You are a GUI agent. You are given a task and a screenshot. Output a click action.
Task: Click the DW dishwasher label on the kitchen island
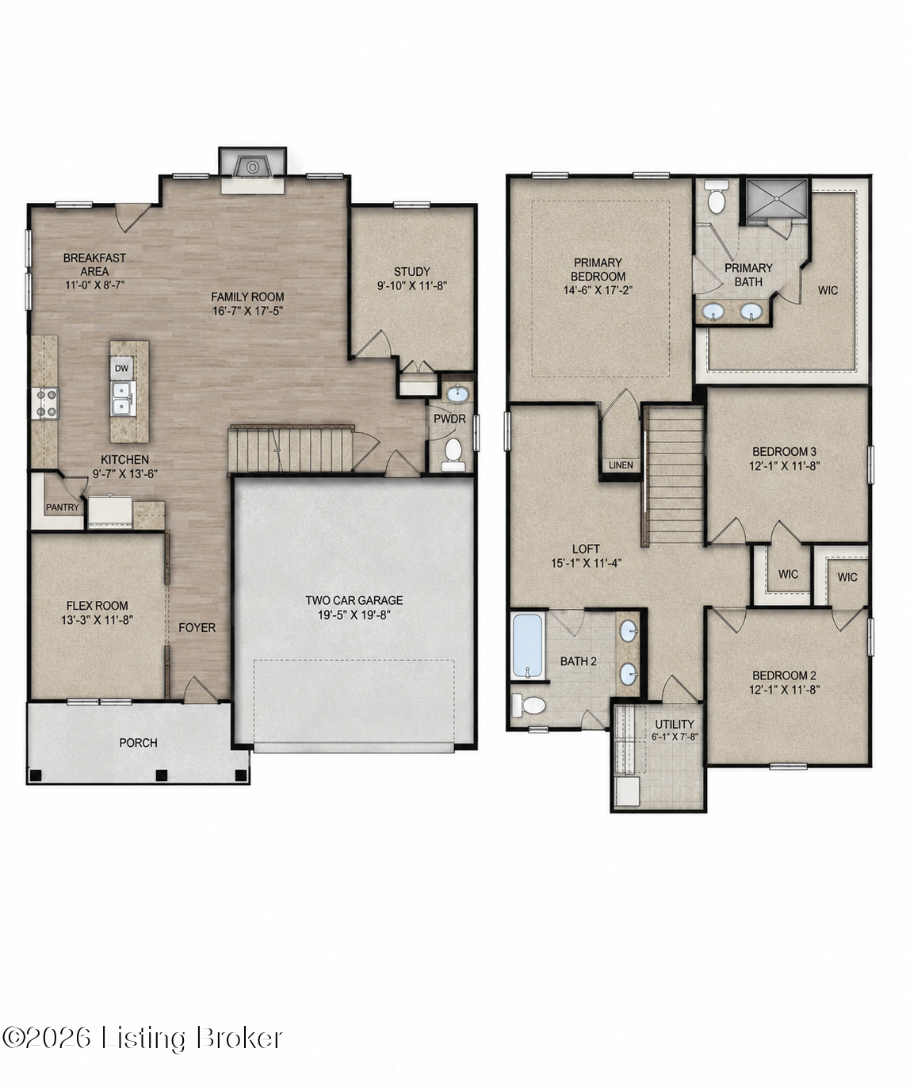tap(121, 369)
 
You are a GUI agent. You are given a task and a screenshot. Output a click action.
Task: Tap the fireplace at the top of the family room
tap(253, 166)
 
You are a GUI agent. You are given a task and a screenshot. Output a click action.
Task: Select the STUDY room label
tap(411, 271)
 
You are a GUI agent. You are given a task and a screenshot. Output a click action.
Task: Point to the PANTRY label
tap(63, 507)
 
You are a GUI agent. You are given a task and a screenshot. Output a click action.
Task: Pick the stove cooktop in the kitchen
tap(45, 404)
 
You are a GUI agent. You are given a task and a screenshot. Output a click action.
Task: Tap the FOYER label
tap(197, 628)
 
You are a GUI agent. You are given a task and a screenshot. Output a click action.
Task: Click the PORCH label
tap(139, 743)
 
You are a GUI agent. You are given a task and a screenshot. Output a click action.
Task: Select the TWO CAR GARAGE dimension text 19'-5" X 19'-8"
tap(354, 614)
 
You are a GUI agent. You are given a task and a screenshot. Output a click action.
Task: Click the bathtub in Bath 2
tap(529, 647)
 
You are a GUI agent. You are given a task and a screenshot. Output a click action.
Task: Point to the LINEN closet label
tap(621, 465)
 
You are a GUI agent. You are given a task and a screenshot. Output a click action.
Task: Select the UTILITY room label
tap(674, 724)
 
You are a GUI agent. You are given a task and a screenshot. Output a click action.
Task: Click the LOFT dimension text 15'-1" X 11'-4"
tap(586, 563)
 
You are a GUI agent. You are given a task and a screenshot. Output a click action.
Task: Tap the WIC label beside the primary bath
tap(828, 290)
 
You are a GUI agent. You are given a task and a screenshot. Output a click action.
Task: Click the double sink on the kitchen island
tap(122, 398)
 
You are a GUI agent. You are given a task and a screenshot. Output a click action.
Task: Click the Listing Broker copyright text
tap(142, 1037)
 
